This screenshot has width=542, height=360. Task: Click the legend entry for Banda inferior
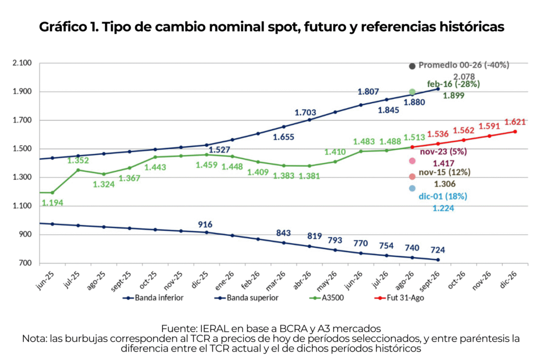click(x=153, y=298)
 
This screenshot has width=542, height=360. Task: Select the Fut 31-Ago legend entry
click(x=399, y=298)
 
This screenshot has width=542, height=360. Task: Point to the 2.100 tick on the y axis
click(x=22, y=63)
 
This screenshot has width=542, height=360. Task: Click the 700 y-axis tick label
click(x=25, y=263)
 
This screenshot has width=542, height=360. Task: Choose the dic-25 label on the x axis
click(x=199, y=280)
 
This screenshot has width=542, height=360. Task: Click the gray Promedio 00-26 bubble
click(x=412, y=66)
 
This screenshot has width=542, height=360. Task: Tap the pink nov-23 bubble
click(x=412, y=161)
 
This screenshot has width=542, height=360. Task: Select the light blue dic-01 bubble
click(x=412, y=188)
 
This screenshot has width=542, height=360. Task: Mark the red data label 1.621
click(x=515, y=122)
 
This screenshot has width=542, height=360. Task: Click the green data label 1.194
click(x=52, y=203)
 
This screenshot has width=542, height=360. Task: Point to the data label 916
click(x=205, y=224)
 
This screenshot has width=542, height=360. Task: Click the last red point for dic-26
click(x=515, y=132)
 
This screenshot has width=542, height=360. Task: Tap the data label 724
click(x=438, y=250)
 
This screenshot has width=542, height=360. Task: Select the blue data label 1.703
click(x=305, y=112)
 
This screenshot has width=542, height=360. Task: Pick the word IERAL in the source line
click(x=212, y=328)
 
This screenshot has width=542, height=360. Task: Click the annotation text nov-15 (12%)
click(x=445, y=172)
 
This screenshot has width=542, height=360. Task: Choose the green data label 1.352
click(x=78, y=160)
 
